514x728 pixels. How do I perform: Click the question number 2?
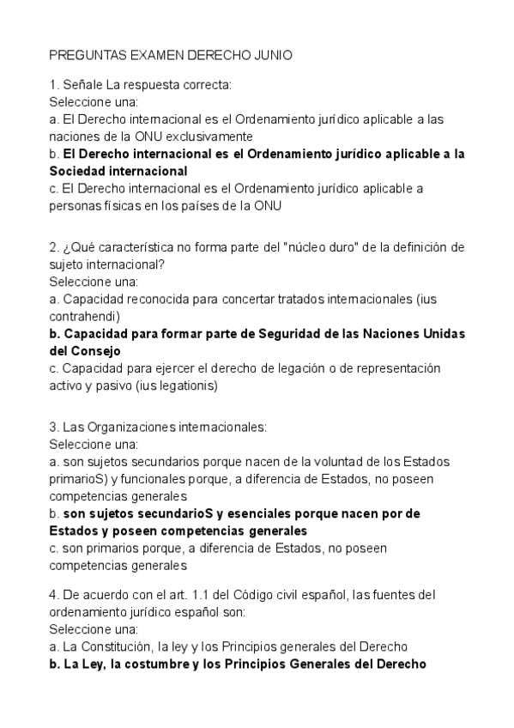(53, 247)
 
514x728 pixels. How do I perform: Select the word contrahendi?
(84, 316)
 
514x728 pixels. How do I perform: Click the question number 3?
(53, 427)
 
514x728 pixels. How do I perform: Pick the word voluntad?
(292, 462)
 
